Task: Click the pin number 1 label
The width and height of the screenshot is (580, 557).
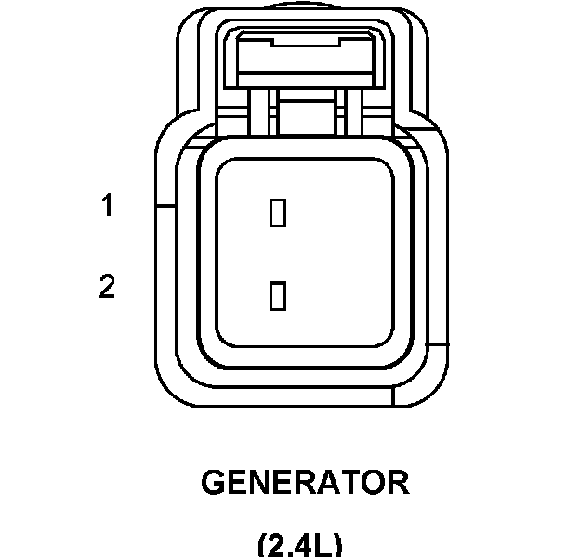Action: pyautogui.click(x=108, y=205)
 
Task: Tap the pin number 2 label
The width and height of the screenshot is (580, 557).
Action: pyautogui.click(x=108, y=288)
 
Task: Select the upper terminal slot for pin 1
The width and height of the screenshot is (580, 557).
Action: pyautogui.click(x=276, y=213)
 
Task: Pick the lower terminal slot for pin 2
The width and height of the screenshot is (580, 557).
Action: pyautogui.click(x=276, y=295)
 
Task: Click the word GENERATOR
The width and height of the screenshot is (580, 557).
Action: pyautogui.click(x=305, y=484)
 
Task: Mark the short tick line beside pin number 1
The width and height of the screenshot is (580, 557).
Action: pyautogui.click(x=166, y=205)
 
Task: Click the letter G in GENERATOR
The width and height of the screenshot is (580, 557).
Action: pyautogui.click(x=214, y=484)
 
